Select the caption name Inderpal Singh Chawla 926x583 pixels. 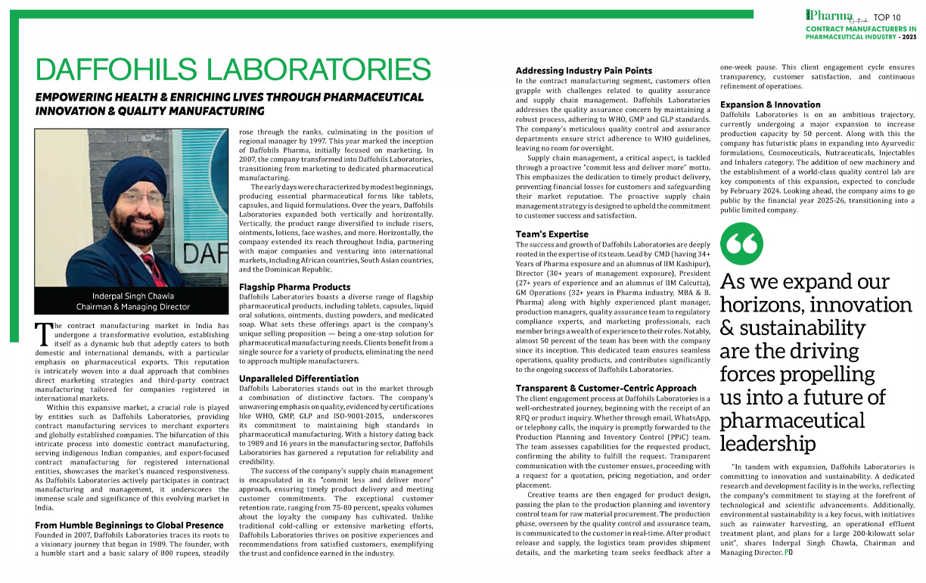[132, 296]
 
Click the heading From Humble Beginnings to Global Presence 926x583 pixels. [129, 525]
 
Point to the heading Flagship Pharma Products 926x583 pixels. [294, 287]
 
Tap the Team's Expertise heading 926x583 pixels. [552, 234]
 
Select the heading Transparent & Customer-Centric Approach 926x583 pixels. [595, 389]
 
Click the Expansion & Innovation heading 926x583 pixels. [770, 104]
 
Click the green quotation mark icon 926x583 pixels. [741, 244]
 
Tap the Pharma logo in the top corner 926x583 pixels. [829, 15]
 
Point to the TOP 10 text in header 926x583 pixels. [887, 17]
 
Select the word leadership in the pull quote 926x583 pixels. [768, 442]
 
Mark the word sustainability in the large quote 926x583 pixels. [791, 328]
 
